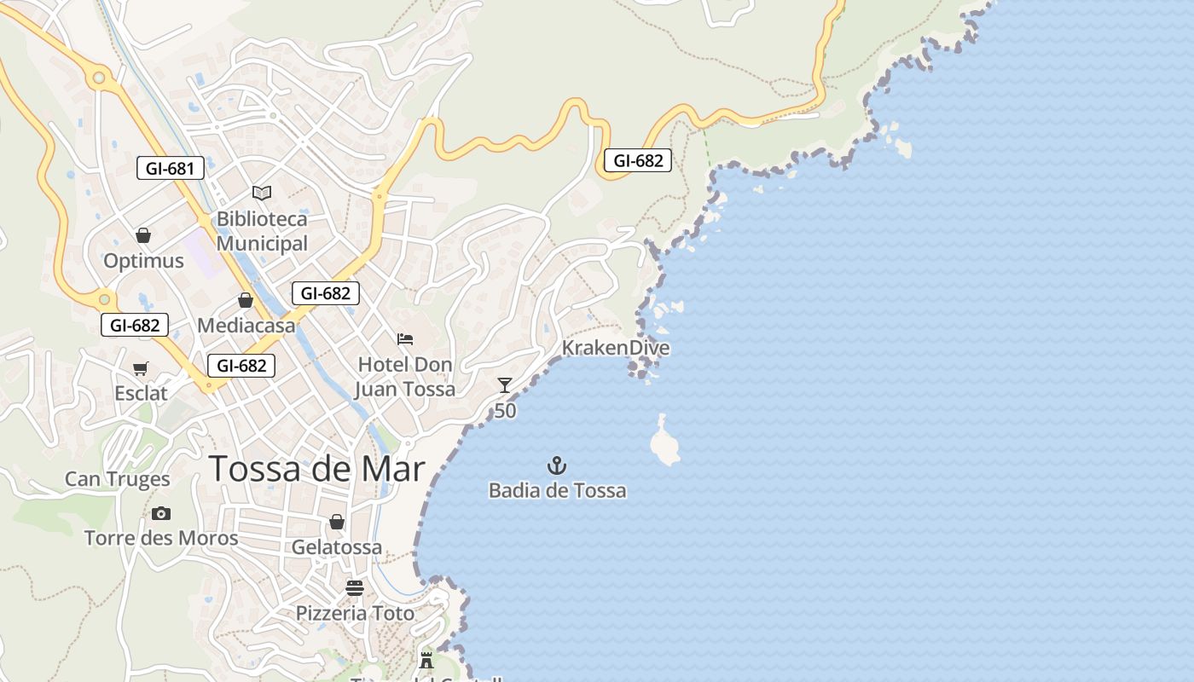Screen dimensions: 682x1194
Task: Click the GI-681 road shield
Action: (171, 168)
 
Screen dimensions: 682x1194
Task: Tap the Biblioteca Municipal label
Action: (262, 231)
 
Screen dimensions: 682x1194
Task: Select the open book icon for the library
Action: (262, 194)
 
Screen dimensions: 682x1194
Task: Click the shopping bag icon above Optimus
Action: (143, 235)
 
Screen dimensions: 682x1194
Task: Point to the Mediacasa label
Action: (246, 326)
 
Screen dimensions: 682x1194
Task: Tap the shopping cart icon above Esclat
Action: (141, 368)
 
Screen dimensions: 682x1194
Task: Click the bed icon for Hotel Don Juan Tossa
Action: (405, 339)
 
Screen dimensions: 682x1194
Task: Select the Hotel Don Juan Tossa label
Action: (405, 377)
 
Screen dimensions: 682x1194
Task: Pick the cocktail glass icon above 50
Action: (505, 385)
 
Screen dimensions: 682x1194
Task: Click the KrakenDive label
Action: (615, 348)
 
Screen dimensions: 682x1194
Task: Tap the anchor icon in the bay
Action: (557, 465)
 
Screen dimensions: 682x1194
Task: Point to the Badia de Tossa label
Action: (557, 490)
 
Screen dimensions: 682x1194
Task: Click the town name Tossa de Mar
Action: (316, 469)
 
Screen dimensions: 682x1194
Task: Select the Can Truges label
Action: (118, 479)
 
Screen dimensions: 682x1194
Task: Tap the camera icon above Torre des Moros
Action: (161, 513)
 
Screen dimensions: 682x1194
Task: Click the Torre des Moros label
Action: (161, 538)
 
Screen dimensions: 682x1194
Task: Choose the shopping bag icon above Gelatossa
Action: (337, 522)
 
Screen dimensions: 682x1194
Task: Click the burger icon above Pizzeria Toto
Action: (355, 588)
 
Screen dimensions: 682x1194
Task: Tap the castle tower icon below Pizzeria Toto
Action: (426, 660)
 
